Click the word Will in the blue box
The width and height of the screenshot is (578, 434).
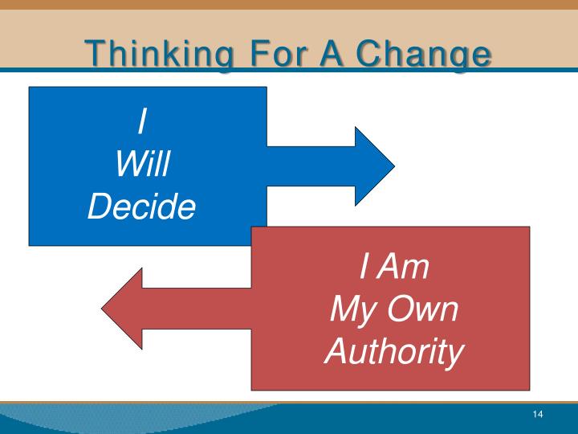(142, 166)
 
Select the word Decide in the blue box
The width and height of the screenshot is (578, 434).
(142, 208)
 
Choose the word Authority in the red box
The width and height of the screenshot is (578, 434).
(393, 352)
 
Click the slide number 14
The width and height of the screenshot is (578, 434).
(538, 414)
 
